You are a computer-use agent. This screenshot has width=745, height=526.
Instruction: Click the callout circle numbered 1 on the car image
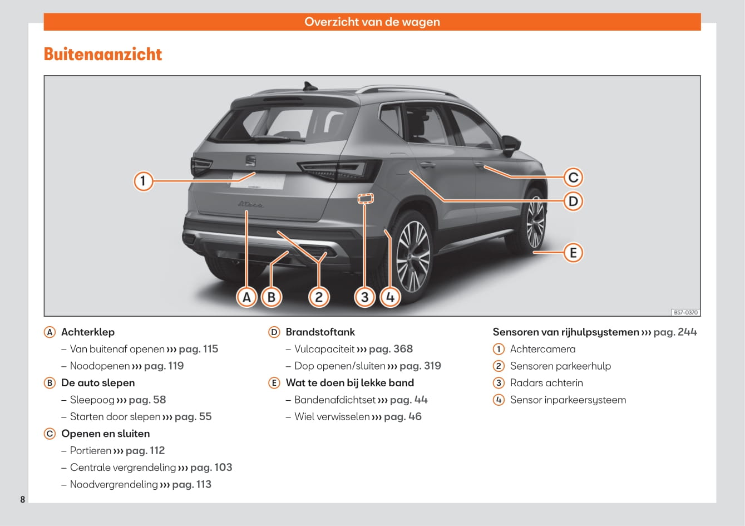click(x=143, y=181)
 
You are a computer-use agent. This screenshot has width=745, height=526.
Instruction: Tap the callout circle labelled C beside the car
click(x=573, y=178)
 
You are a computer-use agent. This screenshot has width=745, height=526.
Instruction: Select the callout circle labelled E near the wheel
click(x=573, y=253)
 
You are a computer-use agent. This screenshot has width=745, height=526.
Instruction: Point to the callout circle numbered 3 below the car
click(x=364, y=297)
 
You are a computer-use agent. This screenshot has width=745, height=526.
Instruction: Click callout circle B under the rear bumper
click(x=272, y=297)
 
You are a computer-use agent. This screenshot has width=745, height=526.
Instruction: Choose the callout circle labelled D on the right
click(x=573, y=201)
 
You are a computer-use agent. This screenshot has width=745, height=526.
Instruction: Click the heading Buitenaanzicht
click(x=103, y=54)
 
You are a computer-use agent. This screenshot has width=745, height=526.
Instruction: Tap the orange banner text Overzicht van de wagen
click(x=372, y=22)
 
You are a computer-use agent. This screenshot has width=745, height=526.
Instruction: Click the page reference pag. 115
click(x=199, y=349)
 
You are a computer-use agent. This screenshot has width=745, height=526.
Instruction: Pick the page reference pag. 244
click(x=675, y=332)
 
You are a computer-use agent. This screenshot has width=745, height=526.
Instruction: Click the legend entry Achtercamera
click(x=542, y=349)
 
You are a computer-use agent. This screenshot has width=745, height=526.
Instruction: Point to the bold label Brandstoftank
click(x=320, y=332)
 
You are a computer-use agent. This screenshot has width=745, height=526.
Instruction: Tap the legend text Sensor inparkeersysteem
click(x=568, y=400)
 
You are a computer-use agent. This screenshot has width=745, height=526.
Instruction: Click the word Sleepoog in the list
click(x=92, y=400)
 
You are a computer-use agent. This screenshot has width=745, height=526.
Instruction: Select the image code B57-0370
click(x=685, y=313)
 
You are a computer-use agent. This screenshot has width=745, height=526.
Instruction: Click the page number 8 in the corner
click(x=23, y=499)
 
